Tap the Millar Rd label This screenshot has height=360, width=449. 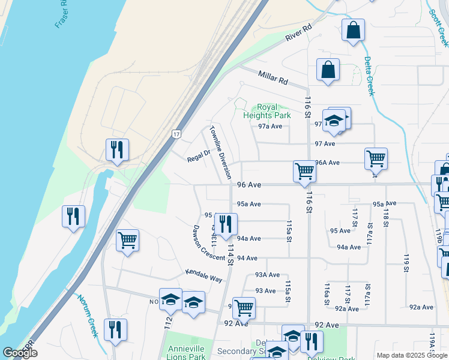click(x=273, y=77)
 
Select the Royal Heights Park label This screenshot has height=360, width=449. click(x=267, y=112)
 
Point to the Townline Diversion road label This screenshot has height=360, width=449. click(x=220, y=152)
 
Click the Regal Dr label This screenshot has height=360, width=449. click(x=199, y=154)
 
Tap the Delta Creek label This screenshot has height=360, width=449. click(x=369, y=76)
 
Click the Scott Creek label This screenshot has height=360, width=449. click(x=439, y=27)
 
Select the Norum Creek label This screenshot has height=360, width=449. click(x=87, y=316)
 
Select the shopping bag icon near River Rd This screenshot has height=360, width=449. click(x=353, y=30)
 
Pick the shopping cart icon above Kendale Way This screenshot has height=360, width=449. click(x=127, y=241)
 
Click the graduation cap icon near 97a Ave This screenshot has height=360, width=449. click(x=333, y=121)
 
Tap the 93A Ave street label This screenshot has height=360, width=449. click(x=268, y=275)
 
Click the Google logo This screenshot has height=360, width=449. click(x=20, y=353)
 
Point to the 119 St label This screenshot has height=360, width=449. click(x=406, y=263)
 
